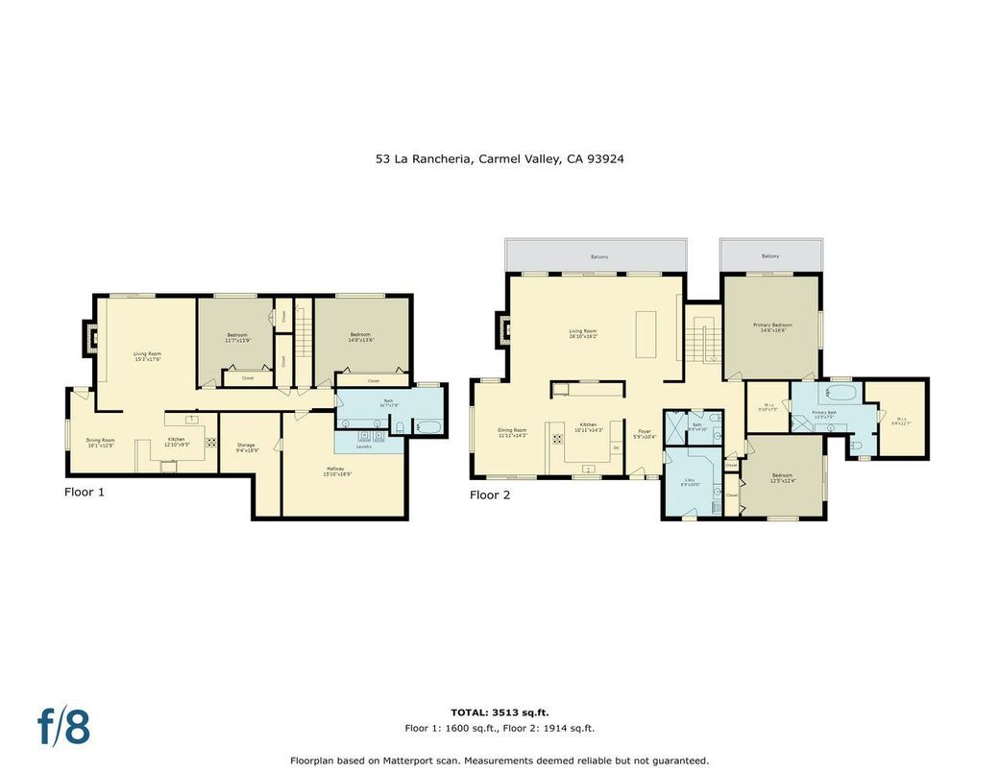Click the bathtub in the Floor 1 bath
[428, 426]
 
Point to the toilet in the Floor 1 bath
[400, 426]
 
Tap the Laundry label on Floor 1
[363, 446]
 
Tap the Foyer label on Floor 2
[645, 434]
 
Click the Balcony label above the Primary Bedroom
[770, 256]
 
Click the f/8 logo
[64, 726]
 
